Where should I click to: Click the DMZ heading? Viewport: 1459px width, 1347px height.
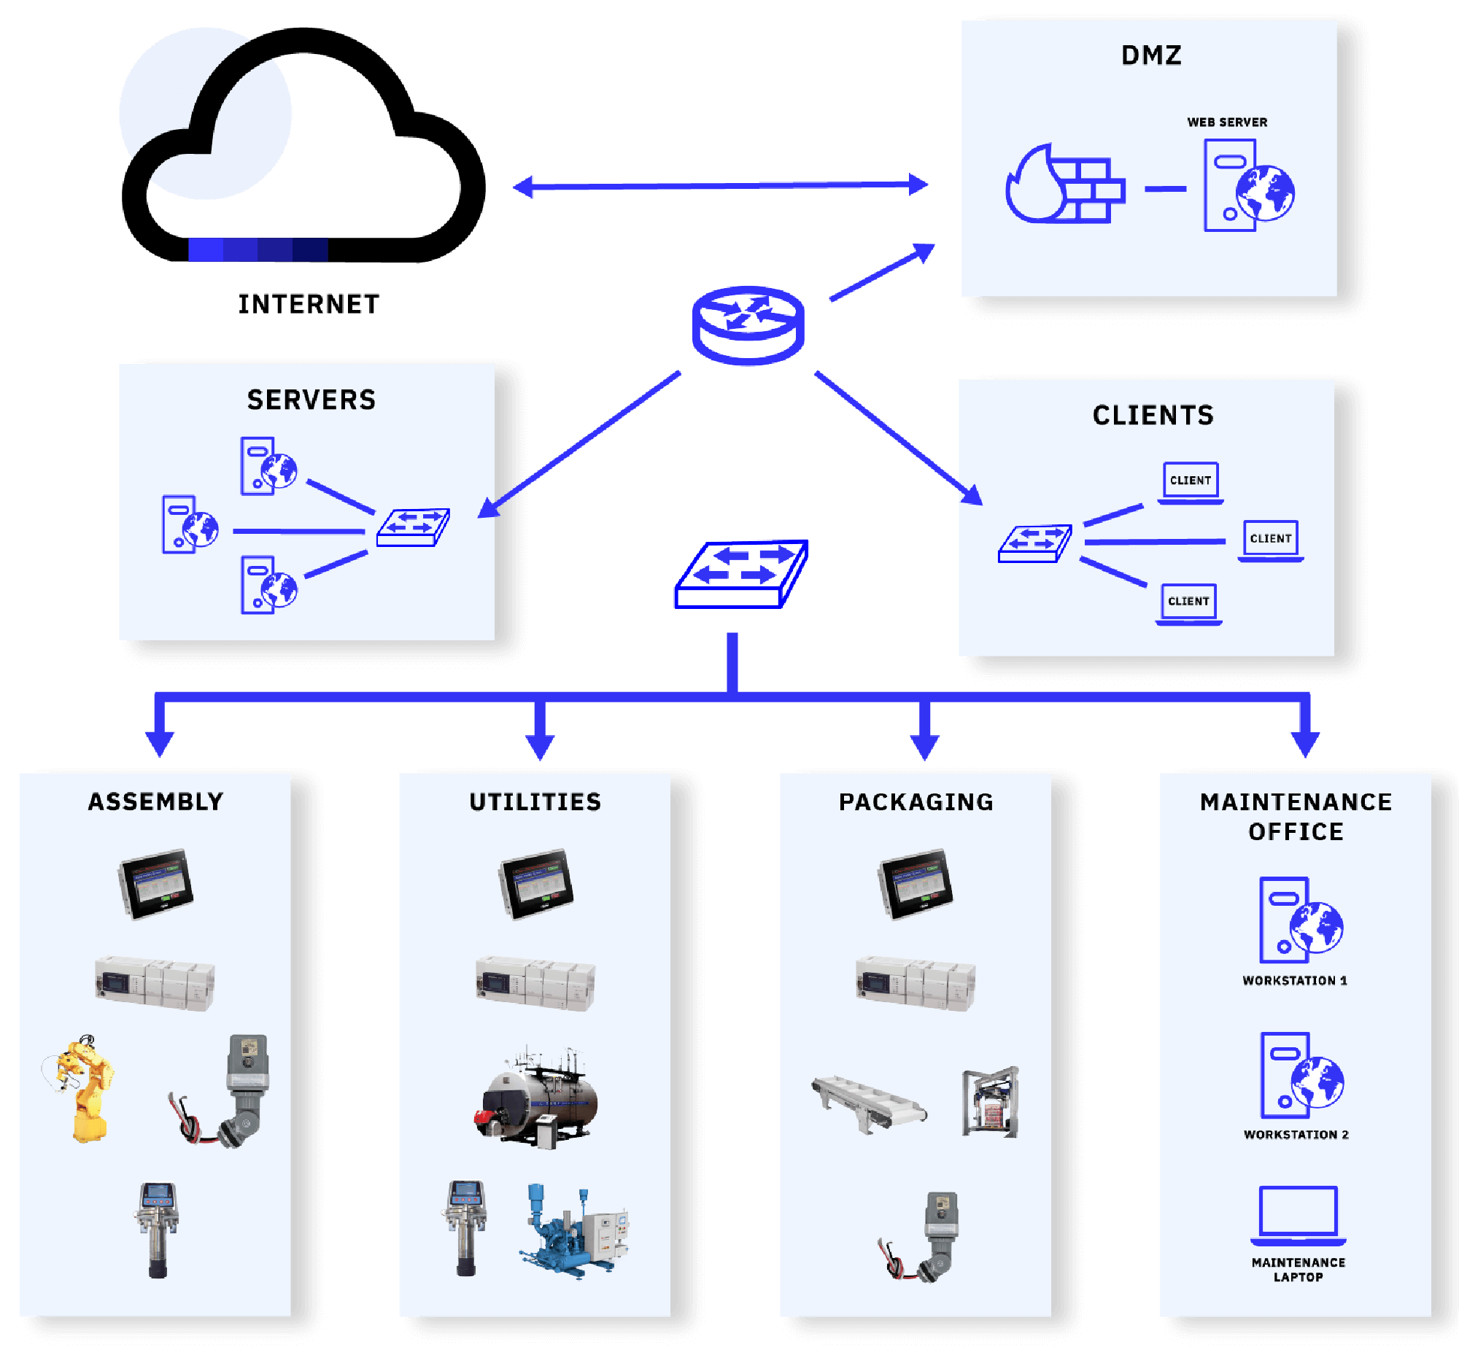click(1150, 55)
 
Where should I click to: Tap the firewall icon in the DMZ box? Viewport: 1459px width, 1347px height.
click(1064, 186)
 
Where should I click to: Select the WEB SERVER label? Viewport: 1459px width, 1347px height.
click(1227, 122)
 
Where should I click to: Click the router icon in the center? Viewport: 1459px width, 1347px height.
click(748, 325)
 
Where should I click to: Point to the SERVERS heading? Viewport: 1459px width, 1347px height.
click(311, 400)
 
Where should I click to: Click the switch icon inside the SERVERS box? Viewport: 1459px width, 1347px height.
click(413, 527)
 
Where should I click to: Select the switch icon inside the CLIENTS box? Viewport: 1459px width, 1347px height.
click(1034, 544)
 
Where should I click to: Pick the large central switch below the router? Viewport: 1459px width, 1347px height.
click(741, 575)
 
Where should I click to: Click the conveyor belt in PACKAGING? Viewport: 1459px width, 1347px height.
click(868, 1101)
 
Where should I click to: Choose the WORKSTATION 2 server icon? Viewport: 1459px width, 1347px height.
click(1299, 1075)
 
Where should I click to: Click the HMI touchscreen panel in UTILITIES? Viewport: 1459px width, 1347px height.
click(536, 884)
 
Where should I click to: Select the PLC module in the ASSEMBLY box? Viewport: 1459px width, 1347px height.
click(155, 982)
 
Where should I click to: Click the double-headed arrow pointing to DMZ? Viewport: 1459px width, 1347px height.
click(721, 186)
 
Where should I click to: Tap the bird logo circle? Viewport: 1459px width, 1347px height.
click(206, 114)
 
